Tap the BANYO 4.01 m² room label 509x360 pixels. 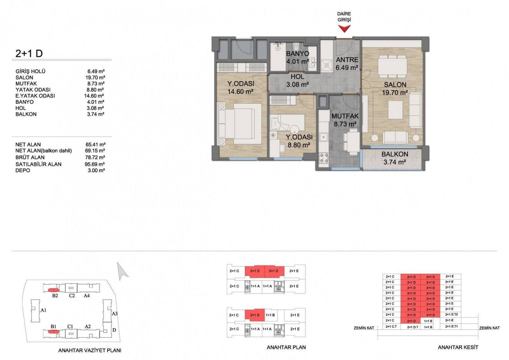[297, 58]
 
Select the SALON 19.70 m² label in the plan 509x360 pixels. [394, 89]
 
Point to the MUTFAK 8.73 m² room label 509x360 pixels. [345, 120]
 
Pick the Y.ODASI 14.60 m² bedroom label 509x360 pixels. [240, 87]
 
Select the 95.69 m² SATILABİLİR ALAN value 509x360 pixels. [95, 164]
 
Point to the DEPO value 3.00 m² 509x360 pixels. [95, 170]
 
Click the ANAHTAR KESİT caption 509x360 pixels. [458, 347]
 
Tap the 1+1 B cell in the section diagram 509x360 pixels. [428, 321]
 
